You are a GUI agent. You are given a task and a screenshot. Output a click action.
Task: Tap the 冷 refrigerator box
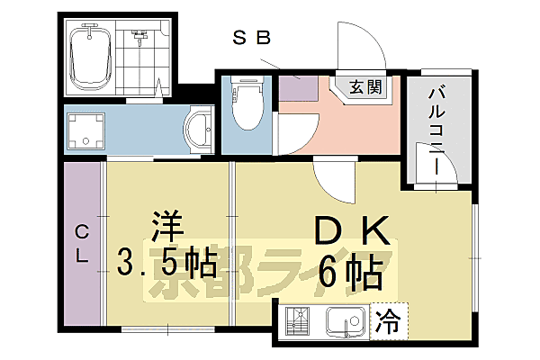click(388, 318)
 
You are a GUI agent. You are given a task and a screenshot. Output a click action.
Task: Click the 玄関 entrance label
click(366, 87)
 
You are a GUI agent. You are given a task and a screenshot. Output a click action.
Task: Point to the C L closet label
click(82, 242)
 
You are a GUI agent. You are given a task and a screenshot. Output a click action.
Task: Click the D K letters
click(352, 231)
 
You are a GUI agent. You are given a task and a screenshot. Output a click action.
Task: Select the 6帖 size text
click(352, 267)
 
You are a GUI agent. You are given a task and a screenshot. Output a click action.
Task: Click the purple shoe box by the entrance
click(298, 89)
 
